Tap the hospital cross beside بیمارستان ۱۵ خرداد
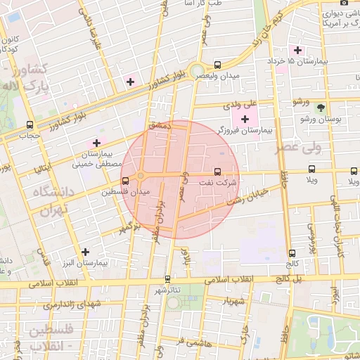298,51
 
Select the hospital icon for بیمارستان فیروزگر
245,119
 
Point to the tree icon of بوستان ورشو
321,108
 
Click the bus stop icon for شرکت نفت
217,171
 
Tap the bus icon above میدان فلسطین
126,181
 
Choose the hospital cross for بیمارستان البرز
86,251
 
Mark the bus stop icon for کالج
292,253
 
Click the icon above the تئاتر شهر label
167,279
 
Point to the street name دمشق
159,124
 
